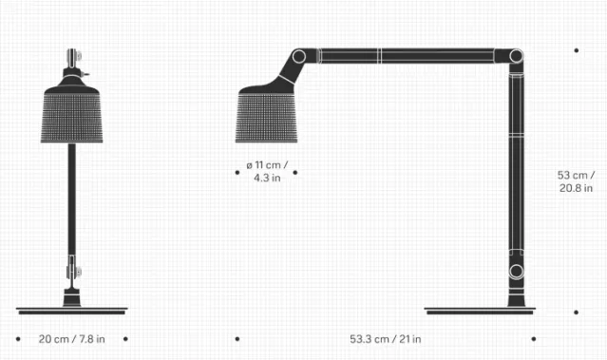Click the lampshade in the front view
point(72,115)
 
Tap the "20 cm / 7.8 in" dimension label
point(72,339)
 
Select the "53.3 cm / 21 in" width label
point(386,339)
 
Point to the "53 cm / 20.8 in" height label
point(576,181)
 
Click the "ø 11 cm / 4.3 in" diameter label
point(267,172)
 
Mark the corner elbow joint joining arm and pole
point(517,57)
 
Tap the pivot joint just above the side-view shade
point(298,57)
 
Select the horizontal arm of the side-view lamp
point(408,56)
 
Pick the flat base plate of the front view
point(72,311)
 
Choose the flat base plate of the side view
point(480,311)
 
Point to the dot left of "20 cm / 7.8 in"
point(18,338)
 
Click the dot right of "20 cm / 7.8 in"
point(125,338)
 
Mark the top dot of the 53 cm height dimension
point(576,50)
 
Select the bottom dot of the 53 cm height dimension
point(576,312)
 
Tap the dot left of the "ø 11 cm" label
point(237,172)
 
